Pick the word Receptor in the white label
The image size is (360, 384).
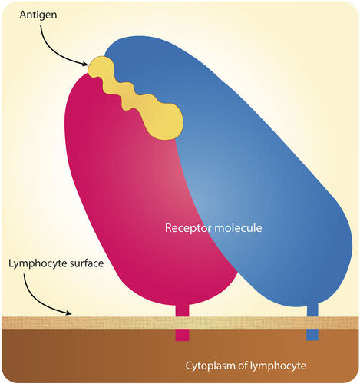(x=187, y=228)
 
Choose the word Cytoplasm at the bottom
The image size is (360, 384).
(x=210, y=364)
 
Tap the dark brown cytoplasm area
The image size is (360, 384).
(x=92, y=357)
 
